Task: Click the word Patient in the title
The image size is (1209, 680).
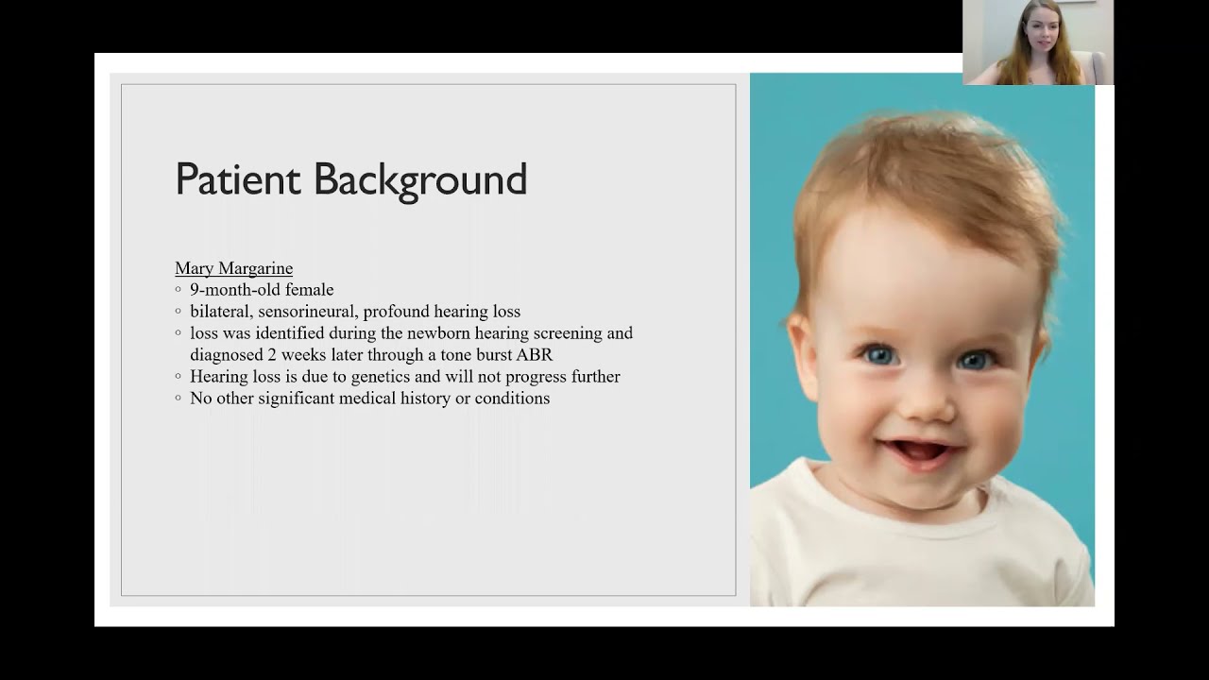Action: click(x=237, y=179)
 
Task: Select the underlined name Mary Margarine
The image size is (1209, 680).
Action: click(x=233, y=268)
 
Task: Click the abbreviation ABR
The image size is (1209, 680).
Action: click(x=534, y=355)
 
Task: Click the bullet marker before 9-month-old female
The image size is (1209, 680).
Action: click(x=179, y=290)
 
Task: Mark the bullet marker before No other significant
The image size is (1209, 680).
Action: click(x=179, y=399)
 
